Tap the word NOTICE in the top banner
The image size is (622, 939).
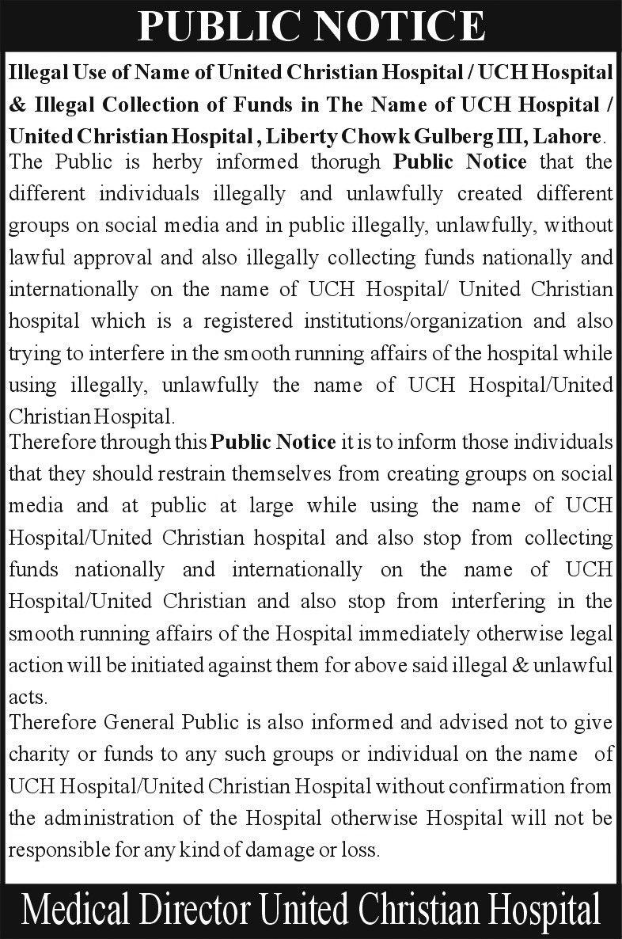pyautogui.click(x=397, y=27)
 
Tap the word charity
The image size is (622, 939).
pyautogui.click(x=38, y=755)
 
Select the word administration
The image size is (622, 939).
pyautogui.click(x=132, y=817)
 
